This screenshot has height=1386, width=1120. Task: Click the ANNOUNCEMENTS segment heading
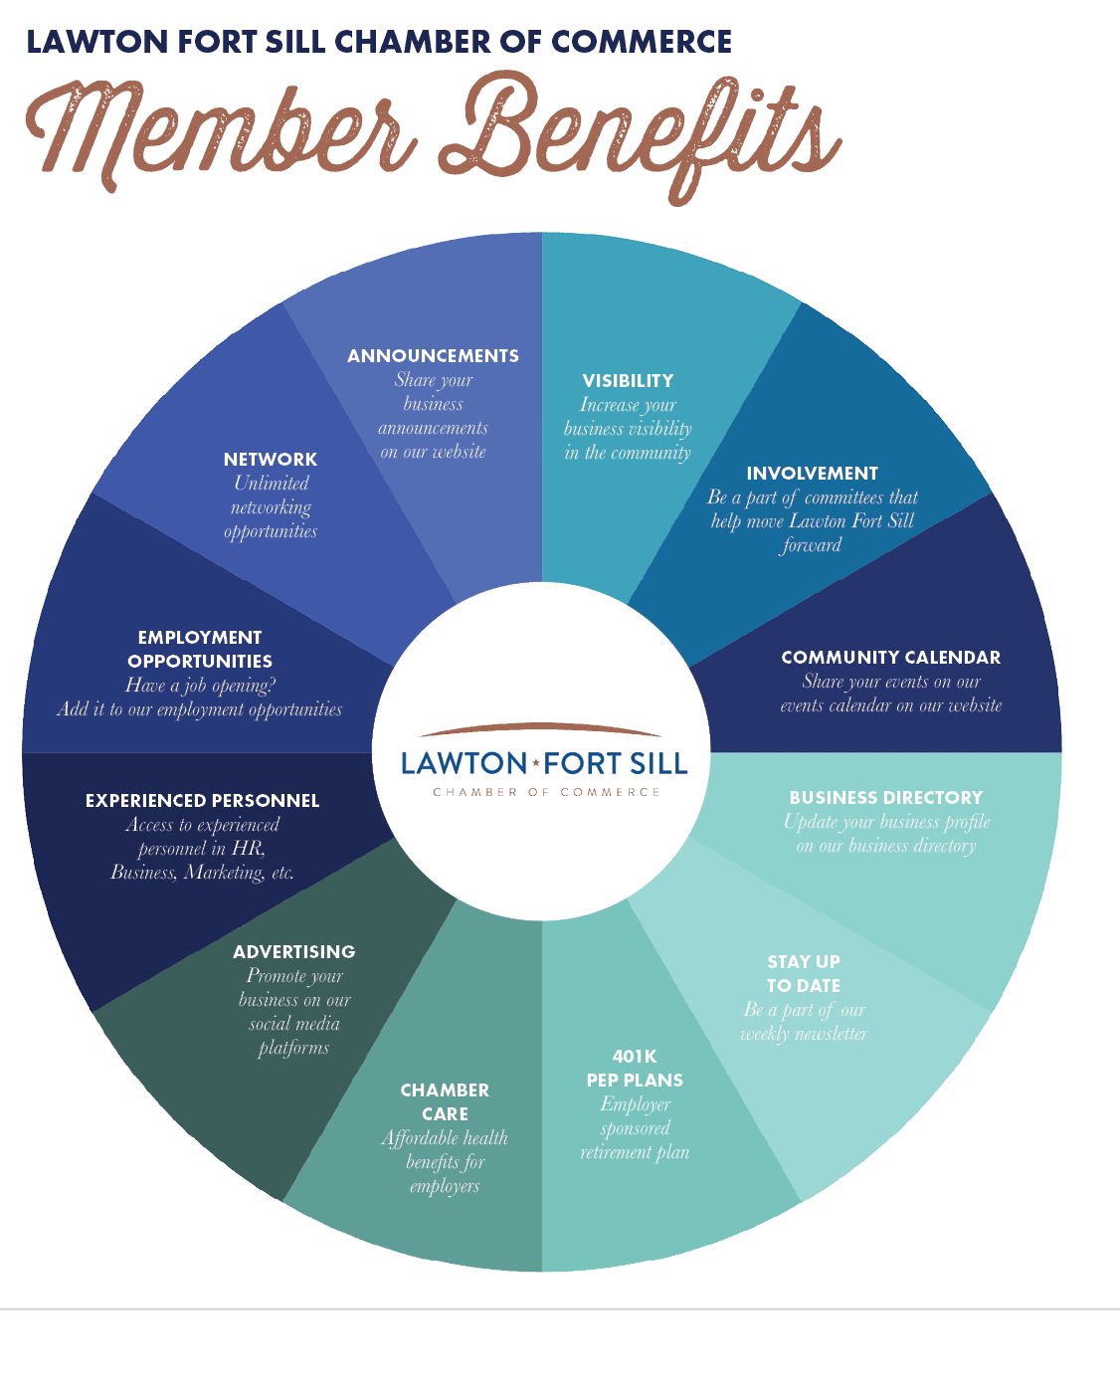(x=433, y=356)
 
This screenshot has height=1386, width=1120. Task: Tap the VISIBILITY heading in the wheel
(x=628, y=381)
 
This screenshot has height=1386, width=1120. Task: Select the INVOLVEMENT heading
(x=812, y=473)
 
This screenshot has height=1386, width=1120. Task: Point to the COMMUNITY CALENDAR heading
(x=890, y=658)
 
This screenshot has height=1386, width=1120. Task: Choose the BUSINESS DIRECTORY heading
(x=886, y=797)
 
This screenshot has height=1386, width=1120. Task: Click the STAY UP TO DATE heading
(x=804, y=973)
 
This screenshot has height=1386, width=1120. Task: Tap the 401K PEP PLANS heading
(x=635, y=1068)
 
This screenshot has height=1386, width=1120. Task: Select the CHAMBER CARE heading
(x=445, y=1101)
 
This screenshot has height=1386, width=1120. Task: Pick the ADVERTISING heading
(x=294, y=951)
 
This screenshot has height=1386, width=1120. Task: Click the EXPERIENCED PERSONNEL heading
(x=202, y=800)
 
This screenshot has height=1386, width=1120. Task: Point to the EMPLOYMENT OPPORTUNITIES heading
(x=200, y=649)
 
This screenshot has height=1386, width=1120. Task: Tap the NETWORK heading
(x=271, y=460)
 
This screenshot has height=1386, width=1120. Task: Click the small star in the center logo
(x=536, y=762)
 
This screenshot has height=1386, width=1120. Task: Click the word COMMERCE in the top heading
(x=642, y=42)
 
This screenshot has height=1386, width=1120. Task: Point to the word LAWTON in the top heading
(x=96, y=42)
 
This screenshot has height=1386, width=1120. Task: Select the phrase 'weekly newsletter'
(x=804, y=1034)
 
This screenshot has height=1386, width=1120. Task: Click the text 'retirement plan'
(x=635, y=1152)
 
